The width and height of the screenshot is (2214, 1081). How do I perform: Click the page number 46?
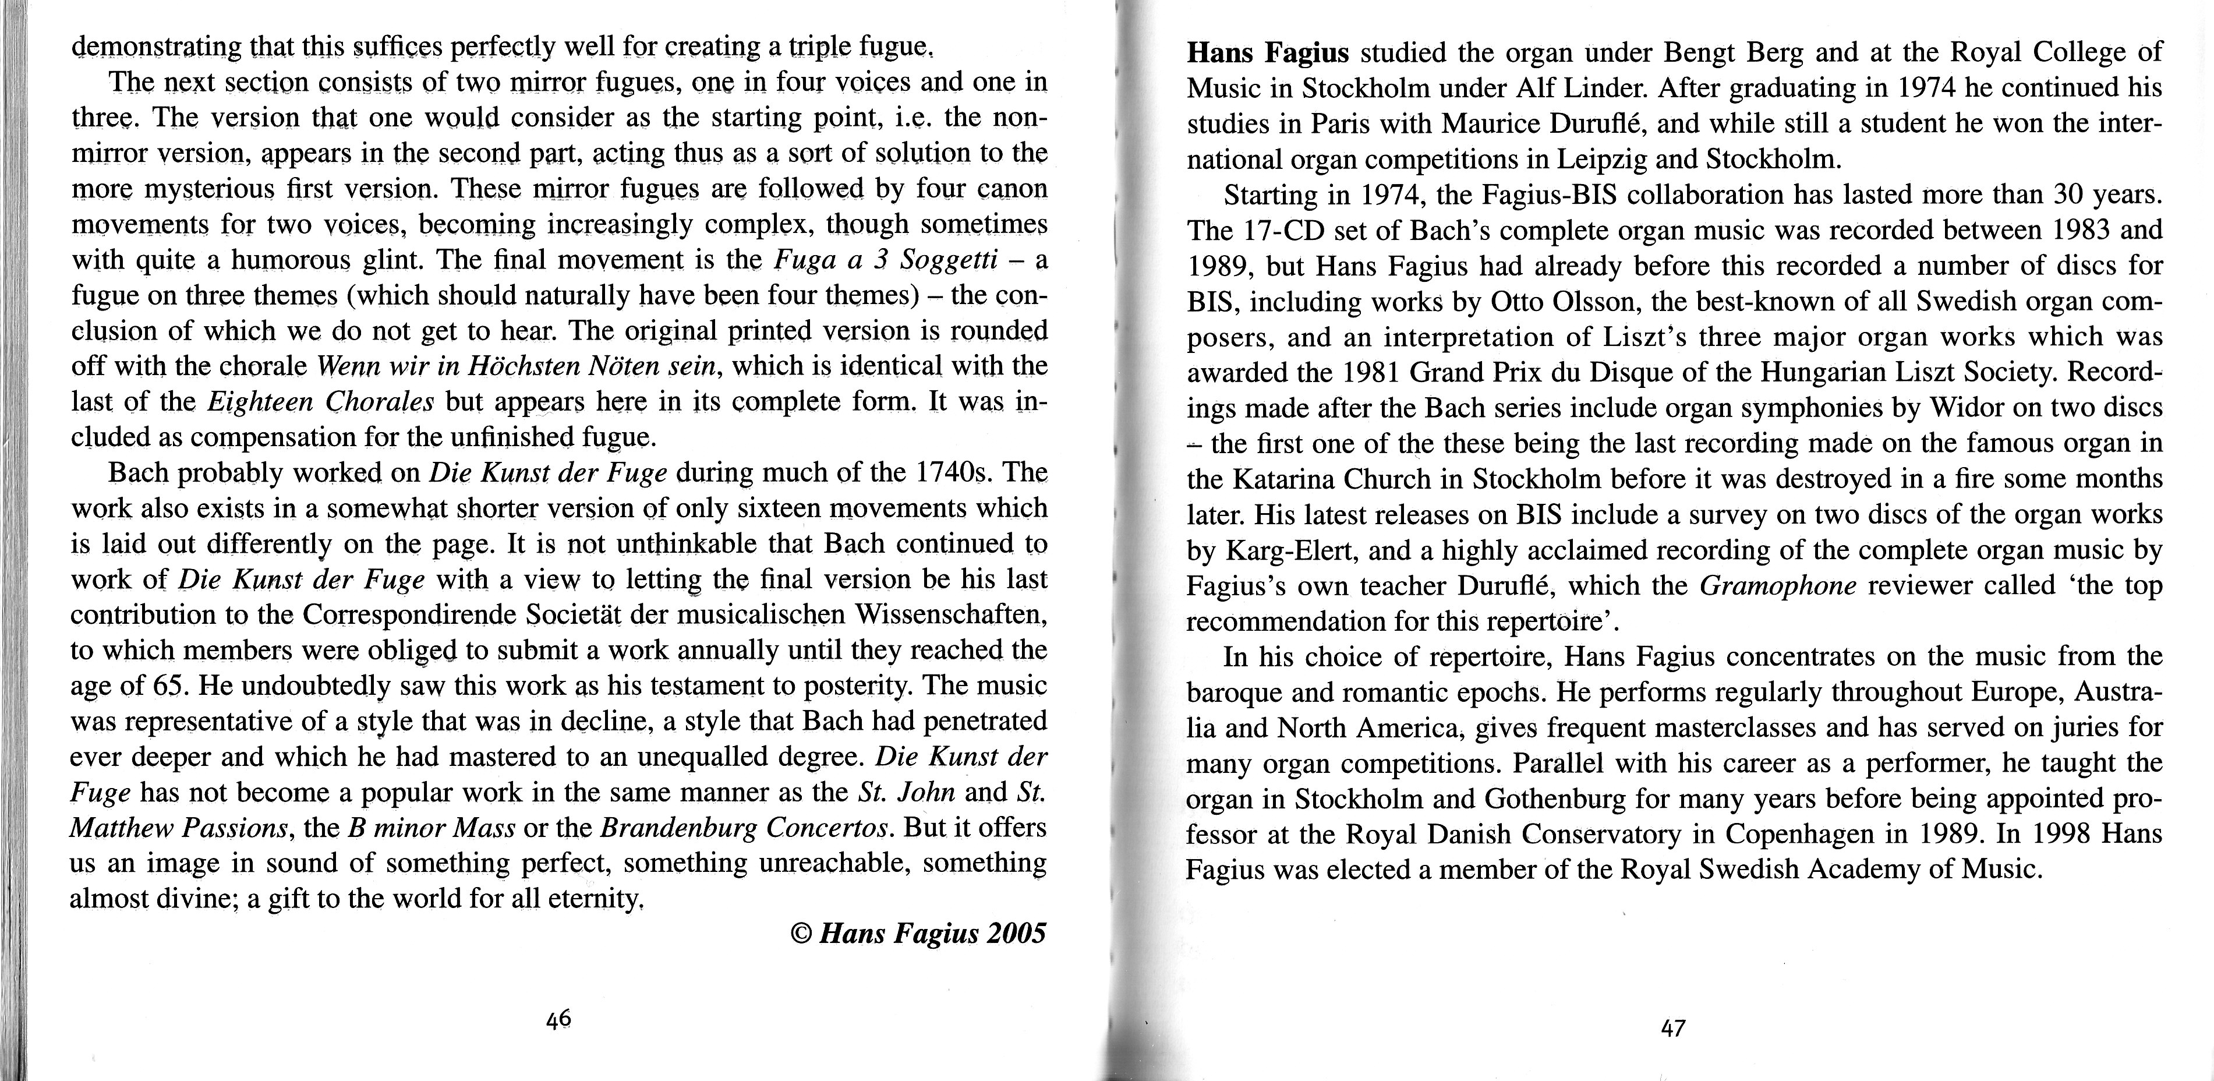point(558,1019)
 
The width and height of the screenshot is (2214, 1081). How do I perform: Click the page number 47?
point(1672,1028)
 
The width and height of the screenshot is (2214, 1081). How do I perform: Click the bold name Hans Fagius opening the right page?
point(1268,53)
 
